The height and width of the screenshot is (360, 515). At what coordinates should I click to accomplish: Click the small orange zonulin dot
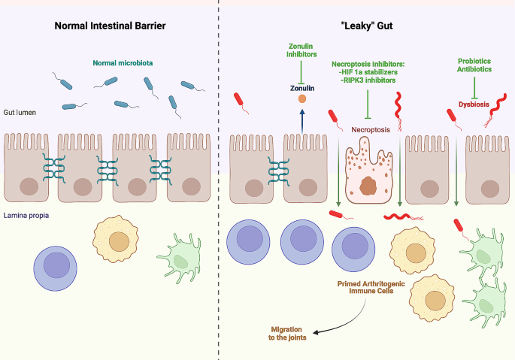click(x=301, y=98)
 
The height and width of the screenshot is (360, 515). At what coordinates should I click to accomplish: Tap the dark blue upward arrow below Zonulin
click(x=301, y=119)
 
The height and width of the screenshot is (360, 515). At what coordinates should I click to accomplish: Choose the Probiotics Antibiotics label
click(x=474, y=65)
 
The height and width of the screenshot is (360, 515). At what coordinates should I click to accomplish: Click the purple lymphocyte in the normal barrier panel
click(x=56, y=266)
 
